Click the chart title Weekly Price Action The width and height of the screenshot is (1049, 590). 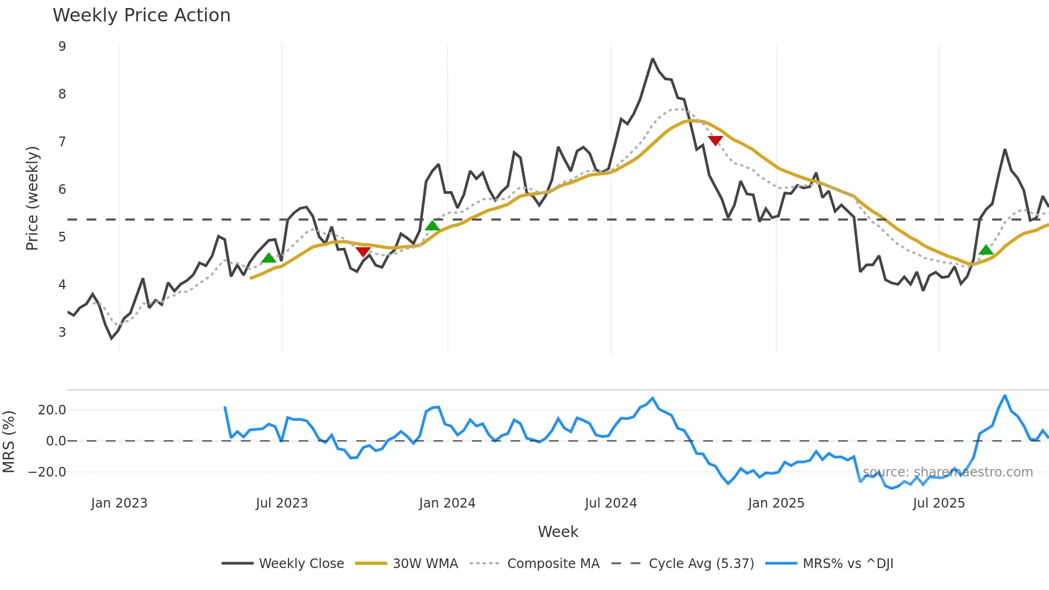click(141, 16)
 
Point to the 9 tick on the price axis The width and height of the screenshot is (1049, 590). click(63, 47)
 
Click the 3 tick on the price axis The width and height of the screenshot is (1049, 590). click(63, 332)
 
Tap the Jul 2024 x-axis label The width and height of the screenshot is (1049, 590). click(611, 503)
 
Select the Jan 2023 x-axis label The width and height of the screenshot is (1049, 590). click(119, 503)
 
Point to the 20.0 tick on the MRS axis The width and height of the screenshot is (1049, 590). click(52, 410)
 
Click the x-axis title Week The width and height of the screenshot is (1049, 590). click(558, 532)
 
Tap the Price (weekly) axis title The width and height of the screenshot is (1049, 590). click(32, 198)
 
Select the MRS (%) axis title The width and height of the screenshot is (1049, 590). click(9, 442)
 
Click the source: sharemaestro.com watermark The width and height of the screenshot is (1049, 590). click(947, 472)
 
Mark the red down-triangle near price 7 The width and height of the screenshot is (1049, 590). click(715, 140)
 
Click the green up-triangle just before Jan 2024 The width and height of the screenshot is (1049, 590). click(432, 225)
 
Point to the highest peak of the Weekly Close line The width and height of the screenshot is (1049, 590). click(652, 59)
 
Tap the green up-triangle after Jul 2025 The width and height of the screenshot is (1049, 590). click(986, 250)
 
